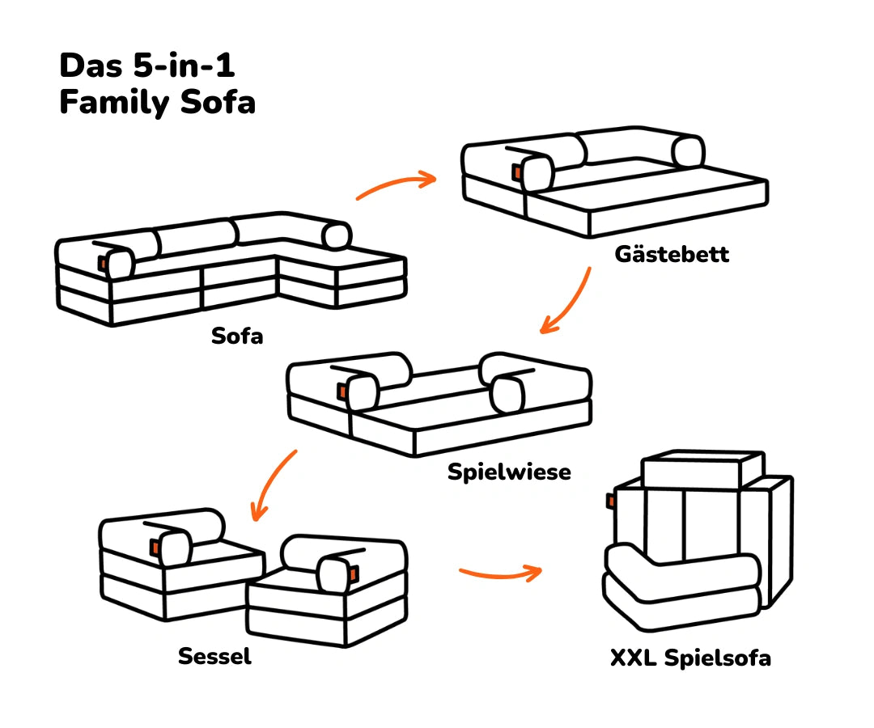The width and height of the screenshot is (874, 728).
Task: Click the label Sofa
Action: pyautogui.click(x=237, y=335)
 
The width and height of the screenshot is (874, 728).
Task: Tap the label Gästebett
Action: pyautogui.click(x=672, y=254)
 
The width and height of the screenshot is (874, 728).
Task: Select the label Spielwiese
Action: pyautogui.click(x=509, y=472)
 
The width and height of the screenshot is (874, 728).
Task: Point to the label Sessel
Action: pyautogui.click(x=214, y=656)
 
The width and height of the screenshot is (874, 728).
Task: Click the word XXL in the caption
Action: pyautogui.click(x=634, y=658)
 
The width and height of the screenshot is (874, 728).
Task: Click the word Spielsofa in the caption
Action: pyautogui.click(x=717, y=658)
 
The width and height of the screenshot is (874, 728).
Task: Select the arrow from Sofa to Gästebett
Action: pyautogui.click(x=397, y=185)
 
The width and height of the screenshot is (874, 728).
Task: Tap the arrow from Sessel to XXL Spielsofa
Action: pyautogui.click(x=499, y=574)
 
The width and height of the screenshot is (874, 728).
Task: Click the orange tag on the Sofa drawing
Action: pyautogui.click(x=103, y=263)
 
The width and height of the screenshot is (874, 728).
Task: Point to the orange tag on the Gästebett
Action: pyautogui.click(x=517, y=172)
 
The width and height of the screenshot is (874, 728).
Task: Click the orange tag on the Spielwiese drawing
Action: pyautogui.click(x=342, y=391)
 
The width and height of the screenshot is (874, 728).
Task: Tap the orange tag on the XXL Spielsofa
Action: pyautogui.click(x=611, y=502)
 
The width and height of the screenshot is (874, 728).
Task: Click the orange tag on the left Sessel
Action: pyautogui.click(x=153, y=548)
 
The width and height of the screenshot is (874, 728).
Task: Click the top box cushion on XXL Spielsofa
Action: pyautogui.click(x=702, y=469)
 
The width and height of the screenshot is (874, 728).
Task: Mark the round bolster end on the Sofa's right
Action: pyautogui.click(x=337, y=235)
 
